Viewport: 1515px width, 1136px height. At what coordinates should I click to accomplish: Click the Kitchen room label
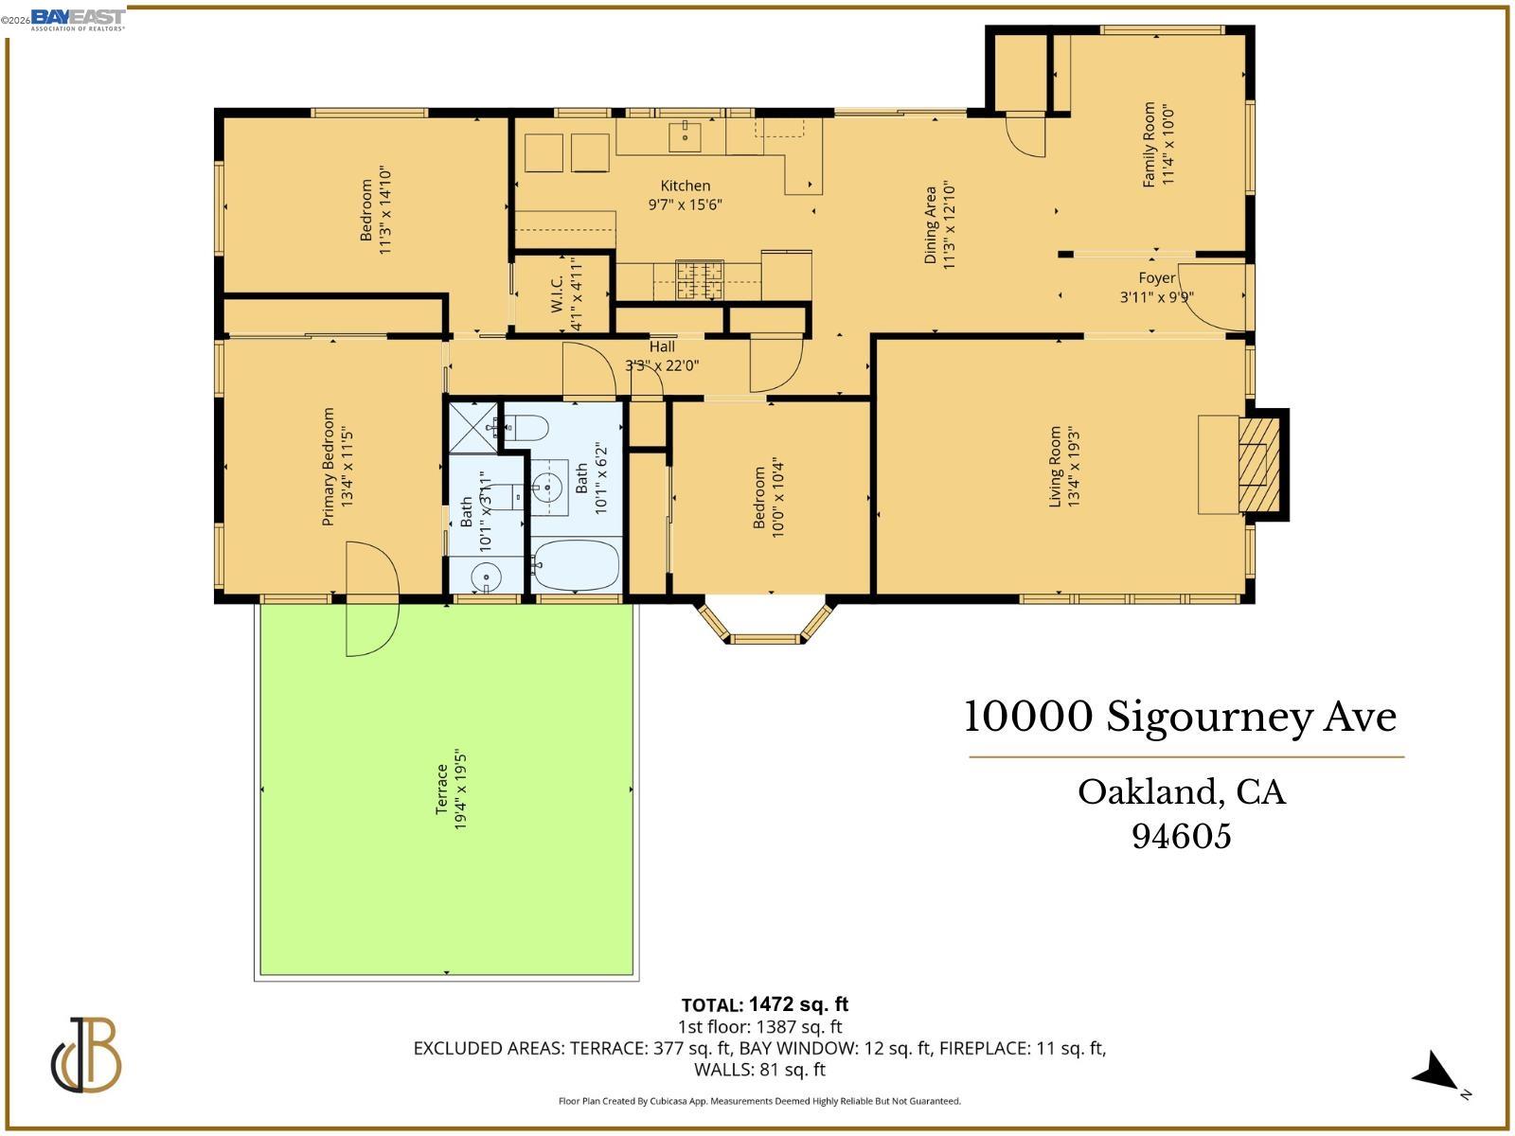(685, 186)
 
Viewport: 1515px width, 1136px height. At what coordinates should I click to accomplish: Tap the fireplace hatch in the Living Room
(1258, 464)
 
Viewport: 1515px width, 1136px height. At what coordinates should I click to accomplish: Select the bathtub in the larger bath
(576, 565)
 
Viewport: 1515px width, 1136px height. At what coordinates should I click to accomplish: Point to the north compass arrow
(1437, 1074)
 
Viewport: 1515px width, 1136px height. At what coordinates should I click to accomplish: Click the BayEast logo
(78, 18)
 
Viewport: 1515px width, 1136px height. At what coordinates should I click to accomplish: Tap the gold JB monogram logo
(86, 1056)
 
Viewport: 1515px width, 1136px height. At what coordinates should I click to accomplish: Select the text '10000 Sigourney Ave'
(1180, 717)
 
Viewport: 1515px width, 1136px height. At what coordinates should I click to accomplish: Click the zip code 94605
(1182, 836)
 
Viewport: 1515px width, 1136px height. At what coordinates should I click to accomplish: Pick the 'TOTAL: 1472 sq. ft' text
(765, 1004)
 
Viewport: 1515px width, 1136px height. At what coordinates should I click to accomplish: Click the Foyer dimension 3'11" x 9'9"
(1156, 297)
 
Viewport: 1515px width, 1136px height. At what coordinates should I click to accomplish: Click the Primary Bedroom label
(329, 466)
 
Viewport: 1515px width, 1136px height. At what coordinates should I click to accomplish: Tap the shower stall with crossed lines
(473, 428)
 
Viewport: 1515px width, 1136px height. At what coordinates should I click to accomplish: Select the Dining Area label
(931, 224)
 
